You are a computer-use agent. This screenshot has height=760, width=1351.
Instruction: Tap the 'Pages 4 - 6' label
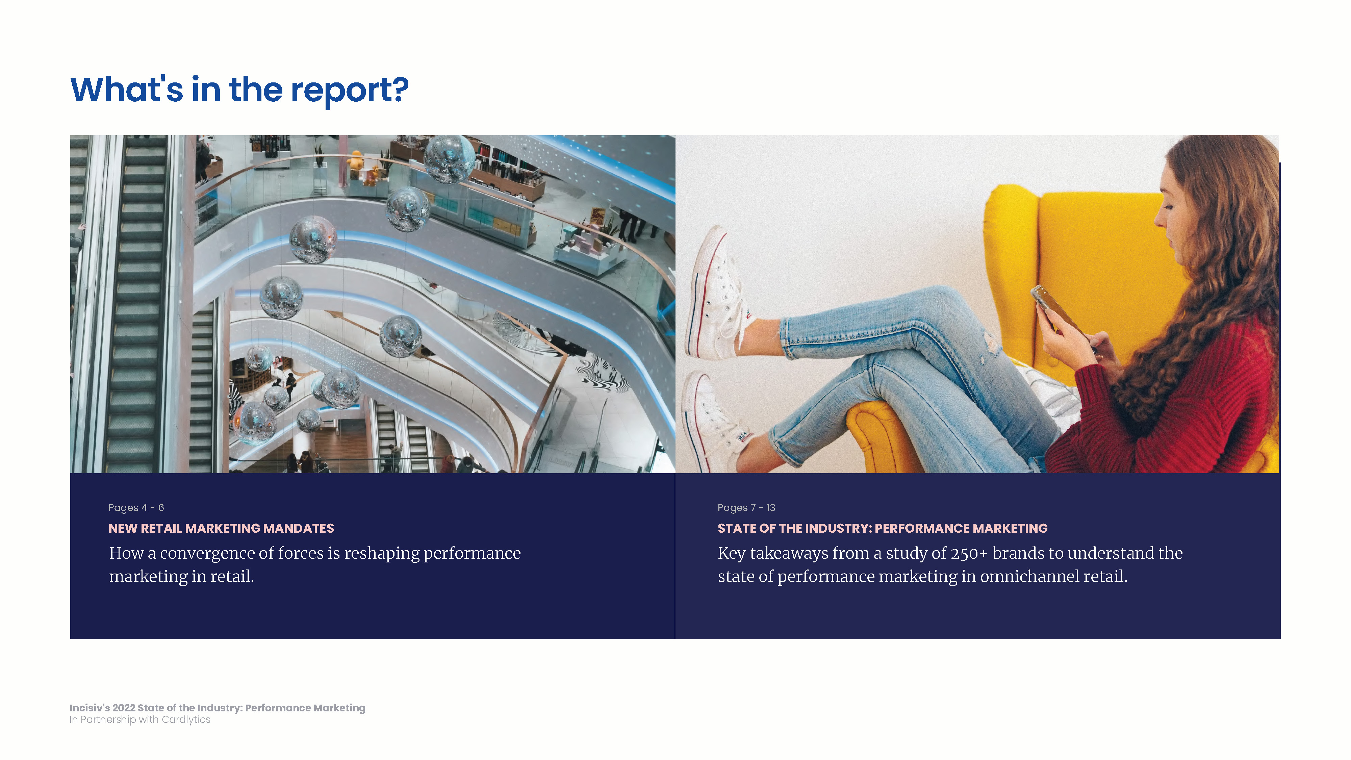pos(136,508)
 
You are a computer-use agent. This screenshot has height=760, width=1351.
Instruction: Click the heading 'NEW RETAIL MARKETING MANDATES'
pos(221,528)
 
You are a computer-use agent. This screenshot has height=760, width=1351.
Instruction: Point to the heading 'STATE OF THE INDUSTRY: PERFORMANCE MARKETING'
pos(883,528)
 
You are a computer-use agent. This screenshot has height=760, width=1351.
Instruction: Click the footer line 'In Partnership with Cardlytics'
pos(140,719)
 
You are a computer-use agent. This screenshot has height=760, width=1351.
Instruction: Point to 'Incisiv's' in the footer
pos(90,708)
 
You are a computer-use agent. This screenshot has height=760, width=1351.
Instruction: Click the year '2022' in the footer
pos(124,708)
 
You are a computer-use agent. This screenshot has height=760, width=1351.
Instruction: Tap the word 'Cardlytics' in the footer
pos(186,719)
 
